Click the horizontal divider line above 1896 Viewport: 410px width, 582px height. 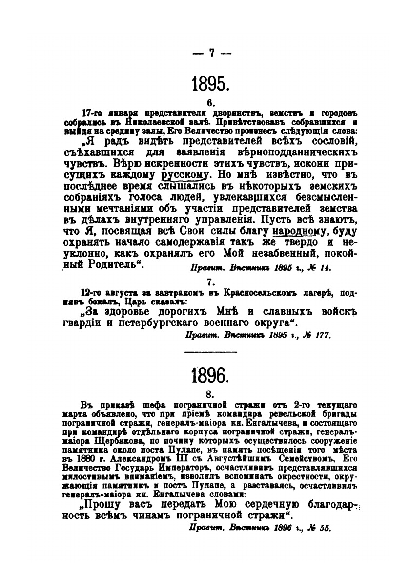click(x=211, y=352)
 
